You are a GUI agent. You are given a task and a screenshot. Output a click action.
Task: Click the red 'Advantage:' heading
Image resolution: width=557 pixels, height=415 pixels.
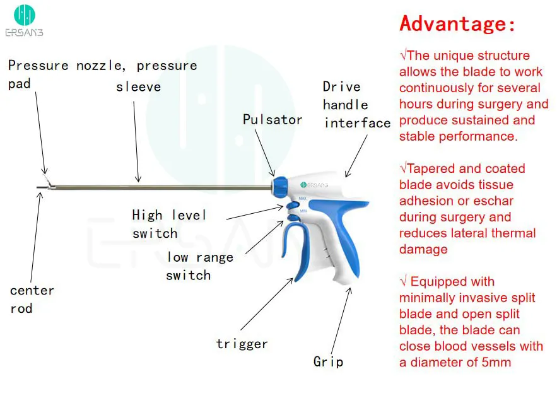(457, 24)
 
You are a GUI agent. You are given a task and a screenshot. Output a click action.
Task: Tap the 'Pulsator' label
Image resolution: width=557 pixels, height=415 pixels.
(272, 119)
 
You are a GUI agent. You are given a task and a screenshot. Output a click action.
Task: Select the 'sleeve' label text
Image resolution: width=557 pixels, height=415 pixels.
(138, 86)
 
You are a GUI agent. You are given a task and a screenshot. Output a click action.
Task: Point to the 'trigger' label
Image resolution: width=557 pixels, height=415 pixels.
(242, 344)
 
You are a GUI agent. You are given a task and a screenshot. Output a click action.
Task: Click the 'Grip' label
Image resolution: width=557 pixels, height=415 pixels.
(328, 361)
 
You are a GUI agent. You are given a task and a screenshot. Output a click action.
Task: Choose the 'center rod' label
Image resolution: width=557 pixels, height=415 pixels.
(32, 299)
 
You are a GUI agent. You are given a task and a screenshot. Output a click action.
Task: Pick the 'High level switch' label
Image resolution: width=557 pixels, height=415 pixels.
(168, 224)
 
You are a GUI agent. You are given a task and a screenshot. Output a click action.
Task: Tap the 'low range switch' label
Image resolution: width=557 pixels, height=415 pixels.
(199, 266)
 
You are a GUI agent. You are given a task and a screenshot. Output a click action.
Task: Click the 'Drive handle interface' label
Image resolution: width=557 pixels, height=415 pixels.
(356, 105)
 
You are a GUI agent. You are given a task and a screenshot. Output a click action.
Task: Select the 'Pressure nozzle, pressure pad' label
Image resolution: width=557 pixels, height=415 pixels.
(102, 74)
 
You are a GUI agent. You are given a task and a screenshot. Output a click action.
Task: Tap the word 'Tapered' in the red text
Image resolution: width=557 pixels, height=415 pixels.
(431, 168)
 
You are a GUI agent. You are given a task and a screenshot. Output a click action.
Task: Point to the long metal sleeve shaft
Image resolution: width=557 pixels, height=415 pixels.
(158, 186)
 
